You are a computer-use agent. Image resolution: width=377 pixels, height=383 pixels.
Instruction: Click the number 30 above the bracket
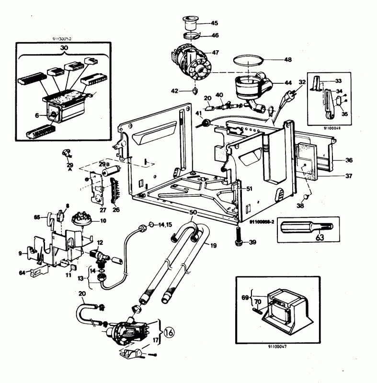(64, 48)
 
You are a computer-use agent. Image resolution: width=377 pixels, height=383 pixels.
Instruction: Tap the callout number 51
(249, 189)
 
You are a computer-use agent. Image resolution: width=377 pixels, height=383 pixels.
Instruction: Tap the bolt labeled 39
(239, 237)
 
